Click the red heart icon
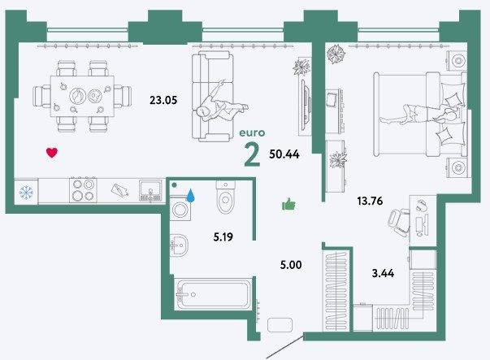(52, 153)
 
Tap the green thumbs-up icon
(288, 204)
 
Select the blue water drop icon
(190, 195)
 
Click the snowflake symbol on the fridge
(26, 193)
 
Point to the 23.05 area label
(163, 100)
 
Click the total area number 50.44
(284, 154)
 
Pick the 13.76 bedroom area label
(370, 201)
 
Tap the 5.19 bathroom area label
(223, 237)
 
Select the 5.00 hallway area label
(291, 265)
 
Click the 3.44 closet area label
(383, 273)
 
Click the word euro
(252, 132)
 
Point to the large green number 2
(252, 154)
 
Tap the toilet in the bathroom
(225, 197)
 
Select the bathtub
(213, 294)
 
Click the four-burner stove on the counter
(83, 190)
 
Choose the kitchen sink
(150, 190)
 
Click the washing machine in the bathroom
(180, 208)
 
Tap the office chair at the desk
(399, 222)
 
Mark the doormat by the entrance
(280, 325)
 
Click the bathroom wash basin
(179, 244)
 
